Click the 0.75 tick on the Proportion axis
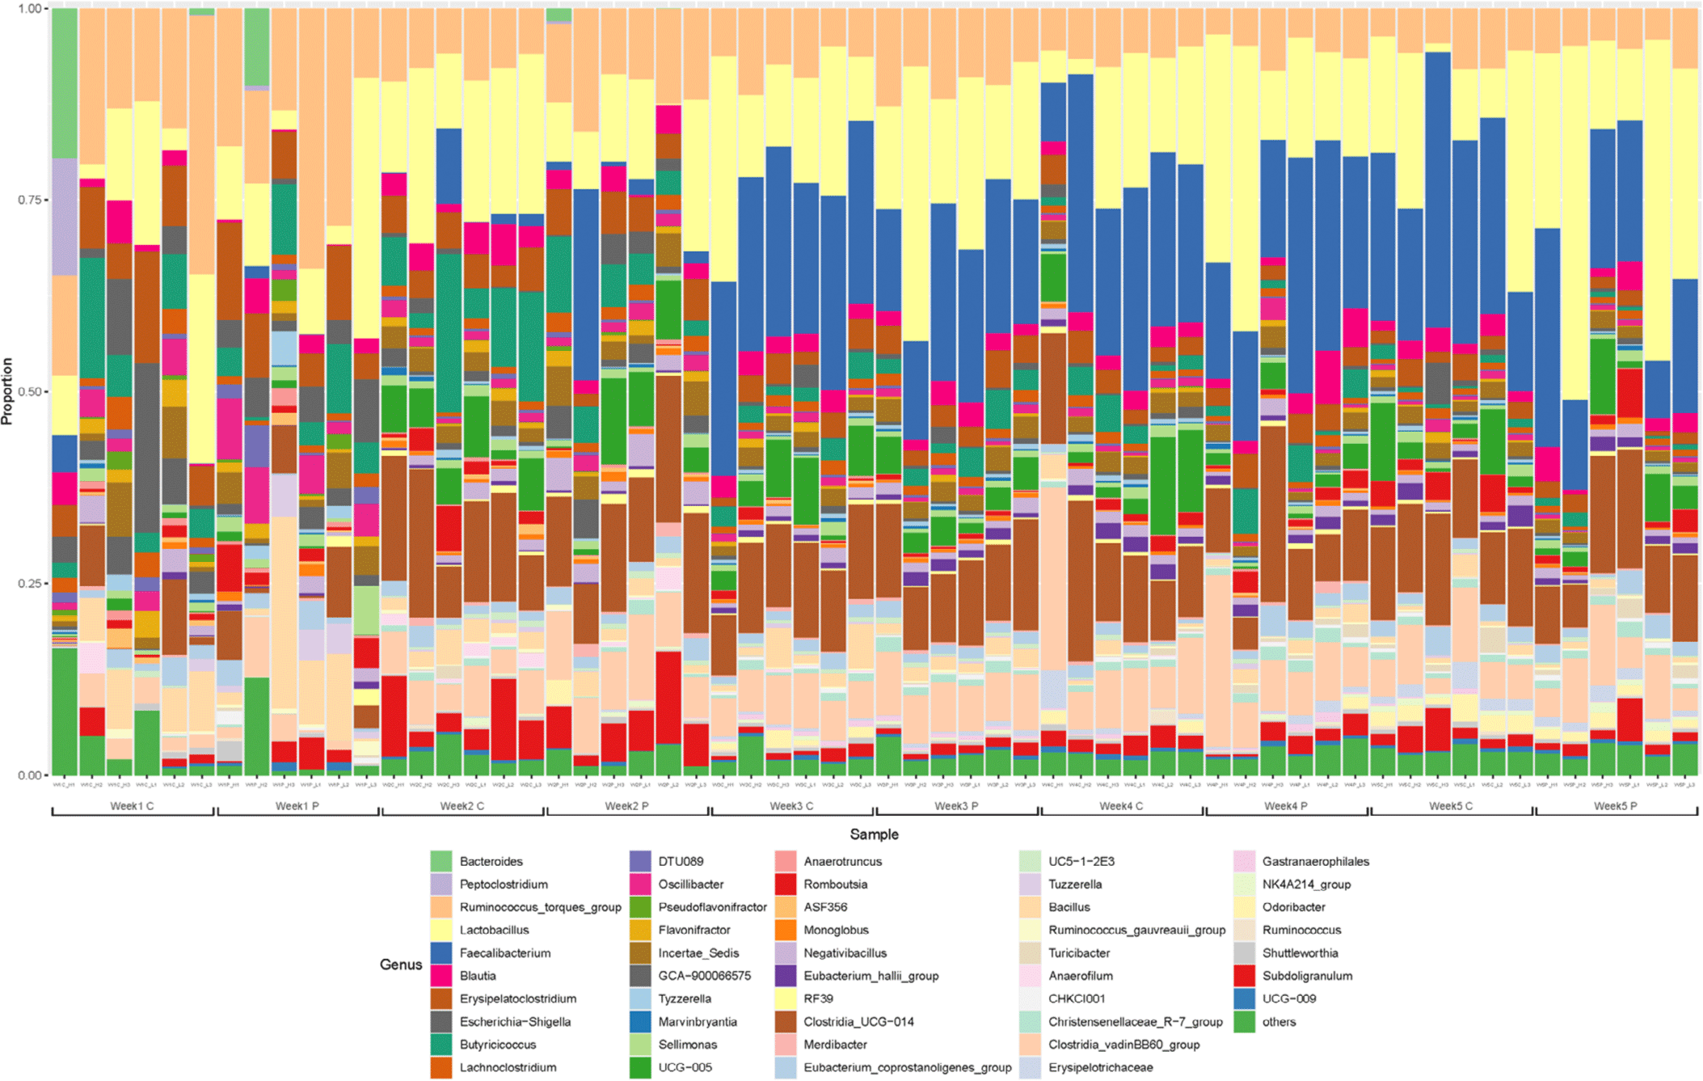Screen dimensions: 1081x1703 point(29,200)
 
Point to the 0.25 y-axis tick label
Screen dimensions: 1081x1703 point(29,584)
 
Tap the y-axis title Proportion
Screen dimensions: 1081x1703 point(8,391)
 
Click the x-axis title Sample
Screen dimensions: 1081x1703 point(874,834)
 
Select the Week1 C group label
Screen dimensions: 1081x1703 point(132,806)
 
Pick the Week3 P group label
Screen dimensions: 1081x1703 point(956,806)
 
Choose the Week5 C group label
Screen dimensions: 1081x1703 point(1451,806)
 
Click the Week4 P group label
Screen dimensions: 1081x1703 point(1286,806)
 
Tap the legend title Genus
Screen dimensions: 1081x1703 point(401,965)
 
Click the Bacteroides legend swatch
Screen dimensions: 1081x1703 point(441,862)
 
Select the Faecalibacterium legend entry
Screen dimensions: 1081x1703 point(504,953)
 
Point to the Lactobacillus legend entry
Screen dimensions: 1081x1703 point(494,931)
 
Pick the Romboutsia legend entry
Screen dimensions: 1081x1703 point(835,885)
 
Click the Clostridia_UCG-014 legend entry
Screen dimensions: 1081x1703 point(858,1022)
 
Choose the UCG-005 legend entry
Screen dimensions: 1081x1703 point(685,1067)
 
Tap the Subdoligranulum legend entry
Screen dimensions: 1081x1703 point(1307,976)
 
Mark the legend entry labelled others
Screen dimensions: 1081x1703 point(1279,1022)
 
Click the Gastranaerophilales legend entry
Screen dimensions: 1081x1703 point(1315,862)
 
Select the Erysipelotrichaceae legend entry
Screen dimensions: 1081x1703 point(1100,1067)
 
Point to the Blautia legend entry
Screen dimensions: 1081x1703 point(478,976)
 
